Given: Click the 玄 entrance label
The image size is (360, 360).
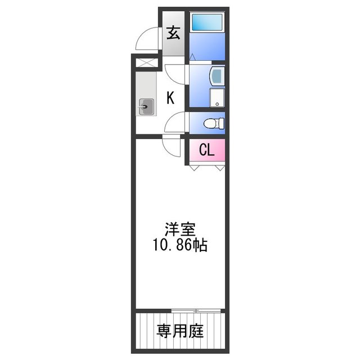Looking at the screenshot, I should click(173, 33).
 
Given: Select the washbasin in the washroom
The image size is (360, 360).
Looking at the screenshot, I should click(217, 77).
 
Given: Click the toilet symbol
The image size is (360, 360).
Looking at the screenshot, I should click(213, 122).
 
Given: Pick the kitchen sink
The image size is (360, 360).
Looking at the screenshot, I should click(147, 106).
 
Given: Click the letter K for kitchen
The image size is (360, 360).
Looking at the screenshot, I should click(170, 98).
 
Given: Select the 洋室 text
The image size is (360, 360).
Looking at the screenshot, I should click(179, 230).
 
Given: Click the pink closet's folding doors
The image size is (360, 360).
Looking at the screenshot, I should click(207, 166).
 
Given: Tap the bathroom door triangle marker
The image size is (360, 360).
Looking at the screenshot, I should click(192, 57).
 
